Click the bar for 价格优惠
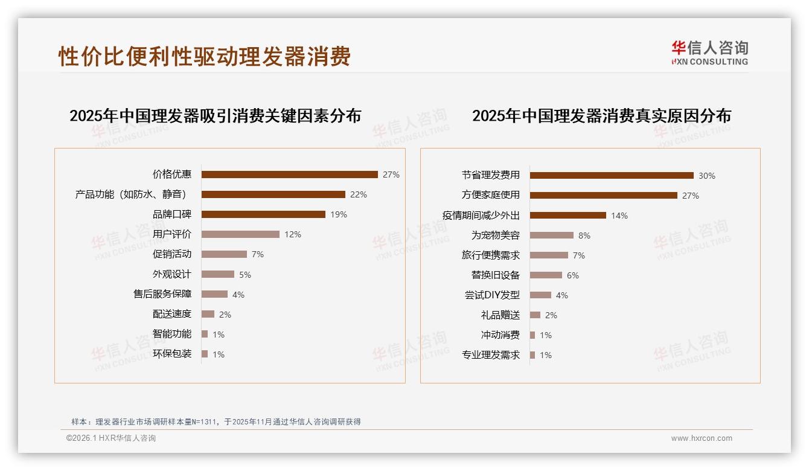290,175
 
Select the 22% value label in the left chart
359,194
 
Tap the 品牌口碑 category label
172,214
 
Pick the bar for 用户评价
240,234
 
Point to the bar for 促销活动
224,254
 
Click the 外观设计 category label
172,274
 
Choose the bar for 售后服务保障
214,294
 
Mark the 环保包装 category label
172,354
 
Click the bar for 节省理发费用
612,176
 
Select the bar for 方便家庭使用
604,196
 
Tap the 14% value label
619,216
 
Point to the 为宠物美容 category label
496,235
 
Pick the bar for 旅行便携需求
549,255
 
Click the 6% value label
572,275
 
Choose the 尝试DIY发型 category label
492,295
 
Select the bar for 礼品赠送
535,315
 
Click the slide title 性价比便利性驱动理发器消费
205,57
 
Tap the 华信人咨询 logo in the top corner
709,53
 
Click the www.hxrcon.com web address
702,438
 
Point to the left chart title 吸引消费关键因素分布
215,116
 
